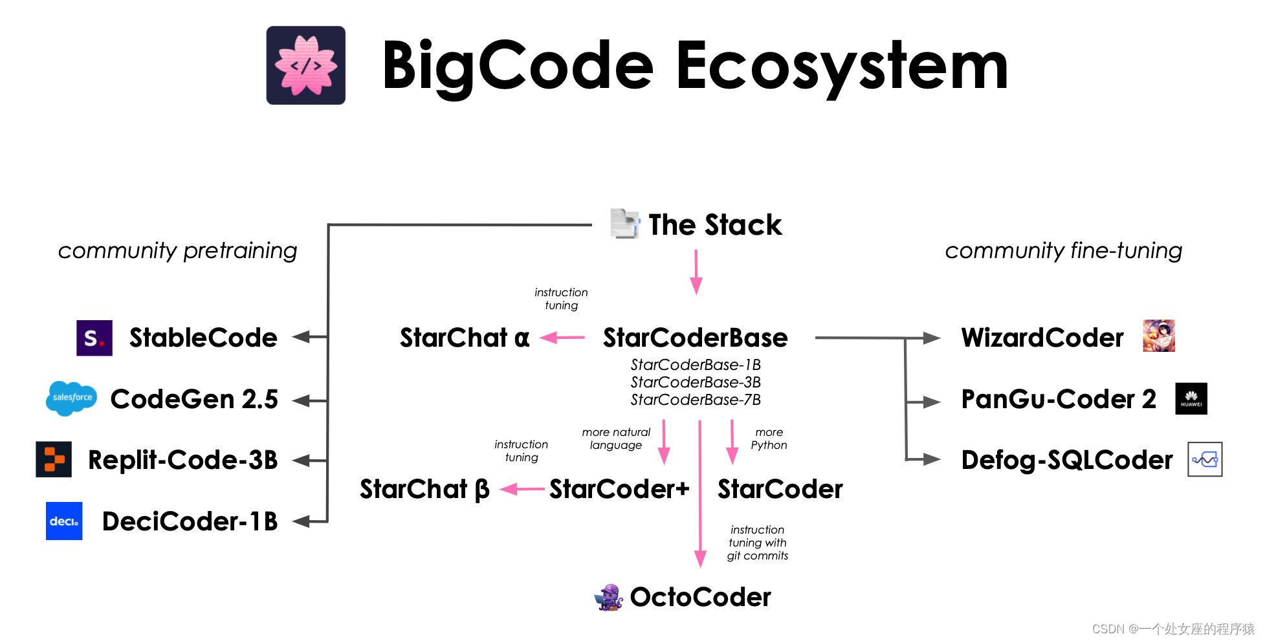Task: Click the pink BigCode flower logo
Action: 305,65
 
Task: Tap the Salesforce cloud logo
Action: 72,398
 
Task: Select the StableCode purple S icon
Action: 94,338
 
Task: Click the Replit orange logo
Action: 54,459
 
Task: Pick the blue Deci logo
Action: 64,521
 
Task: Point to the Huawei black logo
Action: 1191,398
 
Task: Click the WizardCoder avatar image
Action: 1158,336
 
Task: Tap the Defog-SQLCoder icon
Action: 1205,459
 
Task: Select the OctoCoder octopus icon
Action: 608,597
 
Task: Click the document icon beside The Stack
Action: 624,224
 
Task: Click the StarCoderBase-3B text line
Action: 696,382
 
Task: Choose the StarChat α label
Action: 465,338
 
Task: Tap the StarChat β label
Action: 424,489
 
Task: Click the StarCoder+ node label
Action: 619,489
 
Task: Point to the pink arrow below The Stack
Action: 696,272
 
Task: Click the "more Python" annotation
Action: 769,439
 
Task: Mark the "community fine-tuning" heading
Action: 1063,250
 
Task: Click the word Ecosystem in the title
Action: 842,65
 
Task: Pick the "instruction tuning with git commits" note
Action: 757,543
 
